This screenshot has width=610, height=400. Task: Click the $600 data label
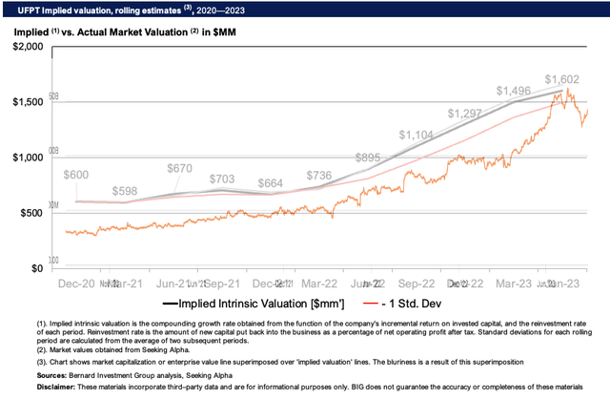click(76, 175)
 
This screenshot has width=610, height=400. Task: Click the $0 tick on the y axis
click(36, 268)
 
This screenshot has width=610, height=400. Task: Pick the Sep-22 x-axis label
click(416, 284)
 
